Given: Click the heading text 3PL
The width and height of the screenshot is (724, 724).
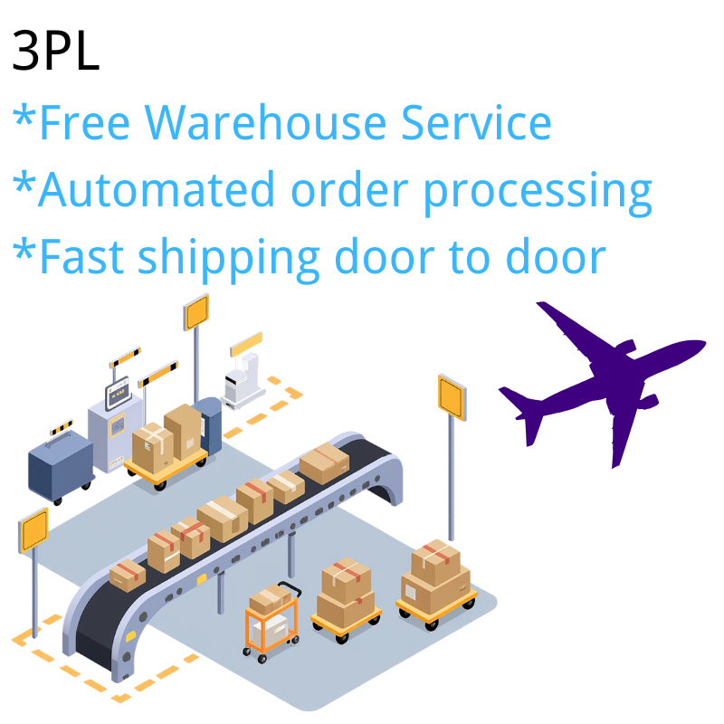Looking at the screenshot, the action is [x=56, y=52].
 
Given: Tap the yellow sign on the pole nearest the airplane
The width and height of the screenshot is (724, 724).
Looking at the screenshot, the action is [x=451, y=395].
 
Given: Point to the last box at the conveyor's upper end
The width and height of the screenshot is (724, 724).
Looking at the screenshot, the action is [x=324, y=462].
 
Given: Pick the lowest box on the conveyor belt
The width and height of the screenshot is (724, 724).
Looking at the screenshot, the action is [x=128, y=575].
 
